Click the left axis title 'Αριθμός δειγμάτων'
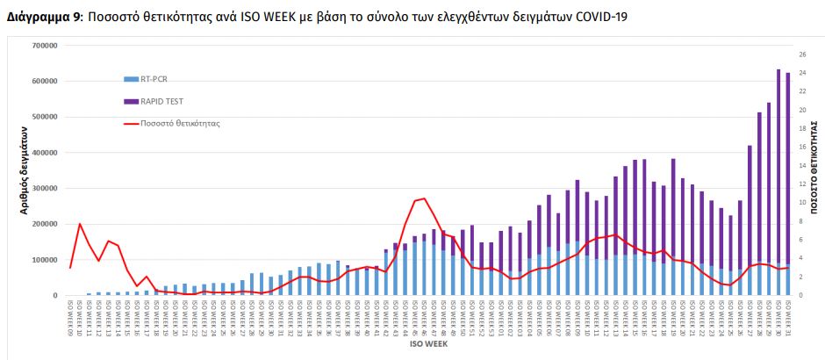tap(25, 170)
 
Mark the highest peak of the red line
tap(425, 198)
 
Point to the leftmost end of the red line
tap(70, 267)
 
